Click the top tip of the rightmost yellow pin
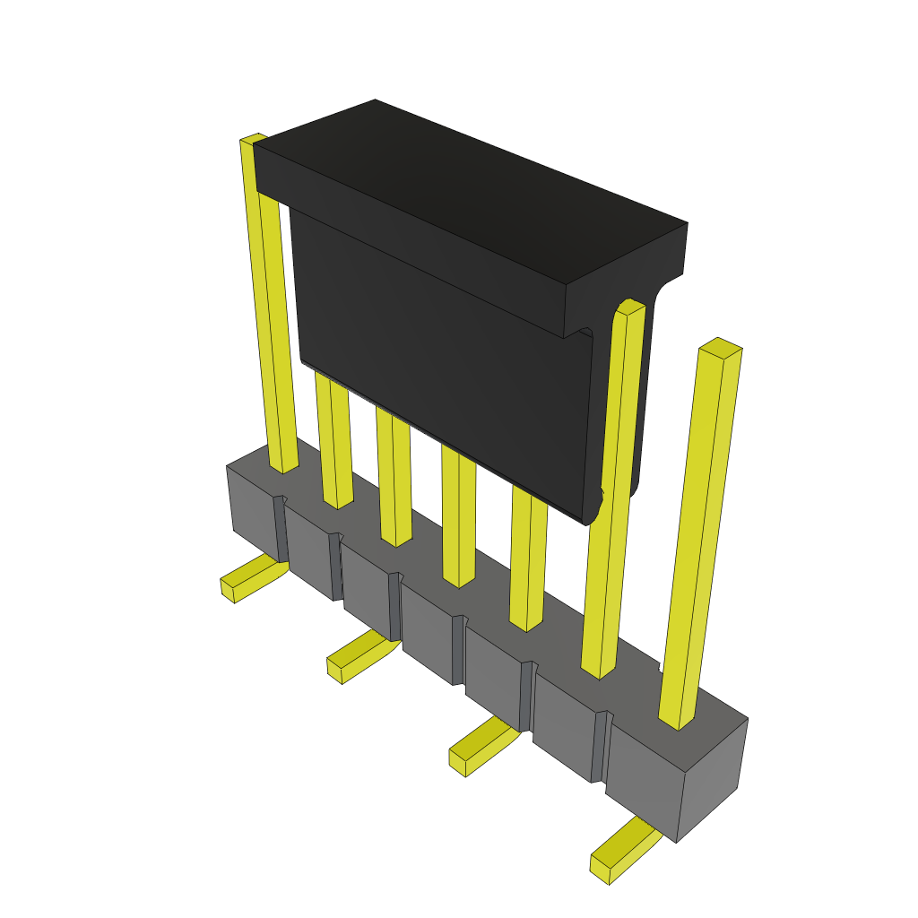[x=721, y=348]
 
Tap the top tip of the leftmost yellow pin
[x=253, y=139]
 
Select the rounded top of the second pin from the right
[x=631, y=307]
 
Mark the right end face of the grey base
[x=713, y=780]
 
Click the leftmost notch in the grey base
[x=281, y=529]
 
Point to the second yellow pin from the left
[x=334, y=439]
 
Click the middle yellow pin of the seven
[x=458, y=520]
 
